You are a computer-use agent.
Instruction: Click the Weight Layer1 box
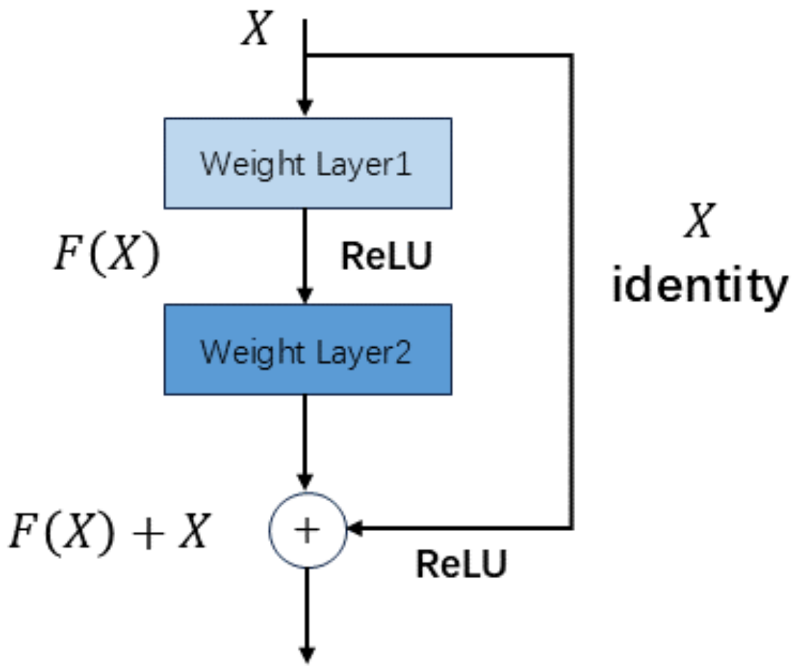point(307,163)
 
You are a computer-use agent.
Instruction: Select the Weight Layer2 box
point(307,350)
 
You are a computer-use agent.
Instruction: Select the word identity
point(699,285)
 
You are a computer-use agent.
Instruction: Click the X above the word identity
point(699,221)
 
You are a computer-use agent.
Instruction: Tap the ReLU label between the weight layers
point(387,256)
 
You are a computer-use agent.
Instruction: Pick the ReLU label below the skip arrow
point(461,564)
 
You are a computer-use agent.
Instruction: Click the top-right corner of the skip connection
point(571,55)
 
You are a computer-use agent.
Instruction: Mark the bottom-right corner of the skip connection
point(571,527)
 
